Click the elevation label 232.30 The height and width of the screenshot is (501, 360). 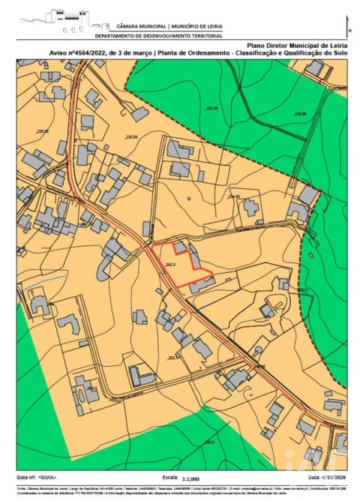[x=212, y=109]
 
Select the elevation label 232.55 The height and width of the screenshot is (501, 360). [x=133, y=137]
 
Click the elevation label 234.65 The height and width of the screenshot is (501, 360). [x=234, y=196]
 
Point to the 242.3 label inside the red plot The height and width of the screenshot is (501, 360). [x=170, y=265]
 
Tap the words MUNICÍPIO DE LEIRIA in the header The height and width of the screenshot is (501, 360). [x=196, y=25]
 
